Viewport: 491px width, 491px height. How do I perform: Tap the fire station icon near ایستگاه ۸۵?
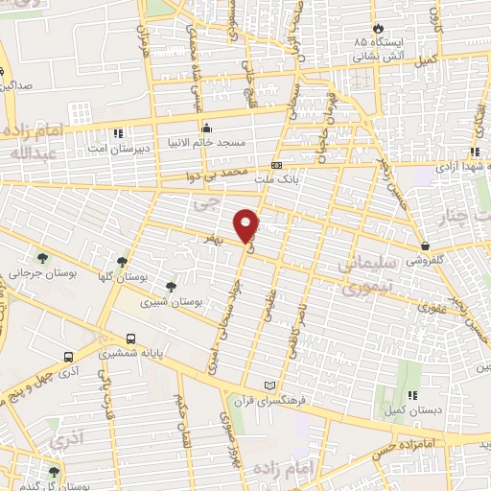pos(378,28)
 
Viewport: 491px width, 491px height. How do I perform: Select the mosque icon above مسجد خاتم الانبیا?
pos(205,128)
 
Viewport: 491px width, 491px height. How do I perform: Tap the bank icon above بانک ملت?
pos(276,164)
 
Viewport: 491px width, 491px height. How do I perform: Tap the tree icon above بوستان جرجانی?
pos(42,257)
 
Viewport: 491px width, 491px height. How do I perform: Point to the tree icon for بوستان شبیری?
pos(171,287)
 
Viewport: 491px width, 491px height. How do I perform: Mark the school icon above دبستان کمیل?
pos(414,394)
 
